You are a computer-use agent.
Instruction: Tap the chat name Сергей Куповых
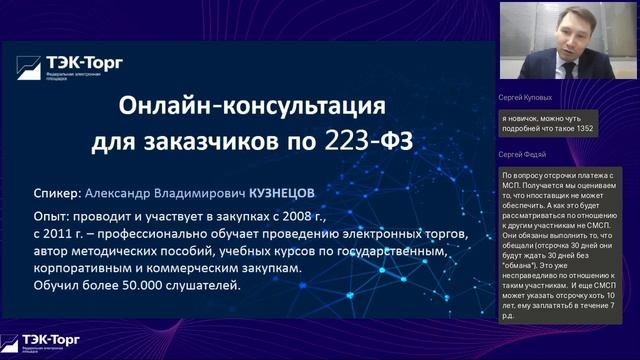click(x=524, y=99)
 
